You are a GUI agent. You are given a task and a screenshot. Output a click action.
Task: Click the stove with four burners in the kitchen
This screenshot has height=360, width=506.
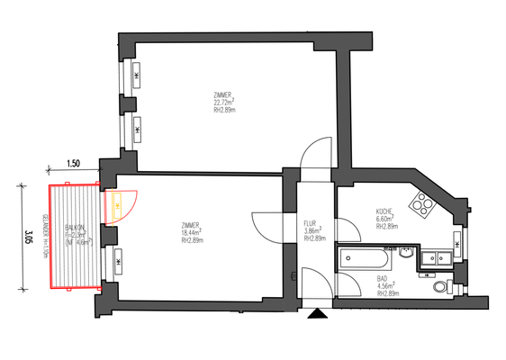click(421, 206)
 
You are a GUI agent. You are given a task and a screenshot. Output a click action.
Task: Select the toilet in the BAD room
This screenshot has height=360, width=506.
click(439, 287)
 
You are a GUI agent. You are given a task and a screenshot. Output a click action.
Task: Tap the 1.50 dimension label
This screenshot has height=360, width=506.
click(73, 165)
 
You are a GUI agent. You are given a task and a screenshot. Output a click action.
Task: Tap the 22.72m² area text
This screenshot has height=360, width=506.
click(223, 103)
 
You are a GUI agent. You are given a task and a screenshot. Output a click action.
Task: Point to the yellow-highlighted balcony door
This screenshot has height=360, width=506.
click(118, 206)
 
